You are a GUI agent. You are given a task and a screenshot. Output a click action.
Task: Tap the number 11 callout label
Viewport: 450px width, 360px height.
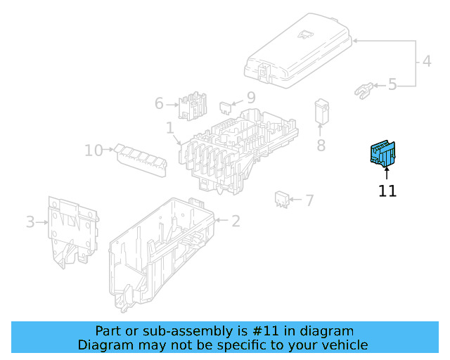point(387,191)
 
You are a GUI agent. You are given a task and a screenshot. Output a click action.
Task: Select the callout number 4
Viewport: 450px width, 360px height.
point(427,62)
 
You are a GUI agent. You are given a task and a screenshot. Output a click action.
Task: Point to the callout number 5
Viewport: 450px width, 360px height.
point(392,85)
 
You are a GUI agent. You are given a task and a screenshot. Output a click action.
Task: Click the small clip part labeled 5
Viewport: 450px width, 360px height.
point(363,89)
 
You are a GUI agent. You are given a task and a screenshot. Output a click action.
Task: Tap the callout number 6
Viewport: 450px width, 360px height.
point(159,104)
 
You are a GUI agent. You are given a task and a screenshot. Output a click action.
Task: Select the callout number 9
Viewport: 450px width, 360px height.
point(250,98)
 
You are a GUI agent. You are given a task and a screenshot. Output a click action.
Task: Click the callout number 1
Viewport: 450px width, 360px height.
point(169,129)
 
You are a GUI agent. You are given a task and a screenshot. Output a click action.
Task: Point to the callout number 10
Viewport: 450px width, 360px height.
point(94,150)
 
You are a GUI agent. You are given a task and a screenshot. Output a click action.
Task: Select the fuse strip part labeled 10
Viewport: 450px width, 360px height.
point(143,157)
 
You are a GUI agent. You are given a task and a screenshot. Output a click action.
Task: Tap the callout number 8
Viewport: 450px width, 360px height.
point(321,146)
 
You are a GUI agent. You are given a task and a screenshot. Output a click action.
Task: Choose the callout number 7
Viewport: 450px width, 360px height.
point(309,200)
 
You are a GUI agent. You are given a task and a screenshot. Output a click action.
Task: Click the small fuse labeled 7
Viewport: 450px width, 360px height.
point(282,198)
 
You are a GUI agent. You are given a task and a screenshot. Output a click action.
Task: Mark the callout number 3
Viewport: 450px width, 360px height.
point(30,222)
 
